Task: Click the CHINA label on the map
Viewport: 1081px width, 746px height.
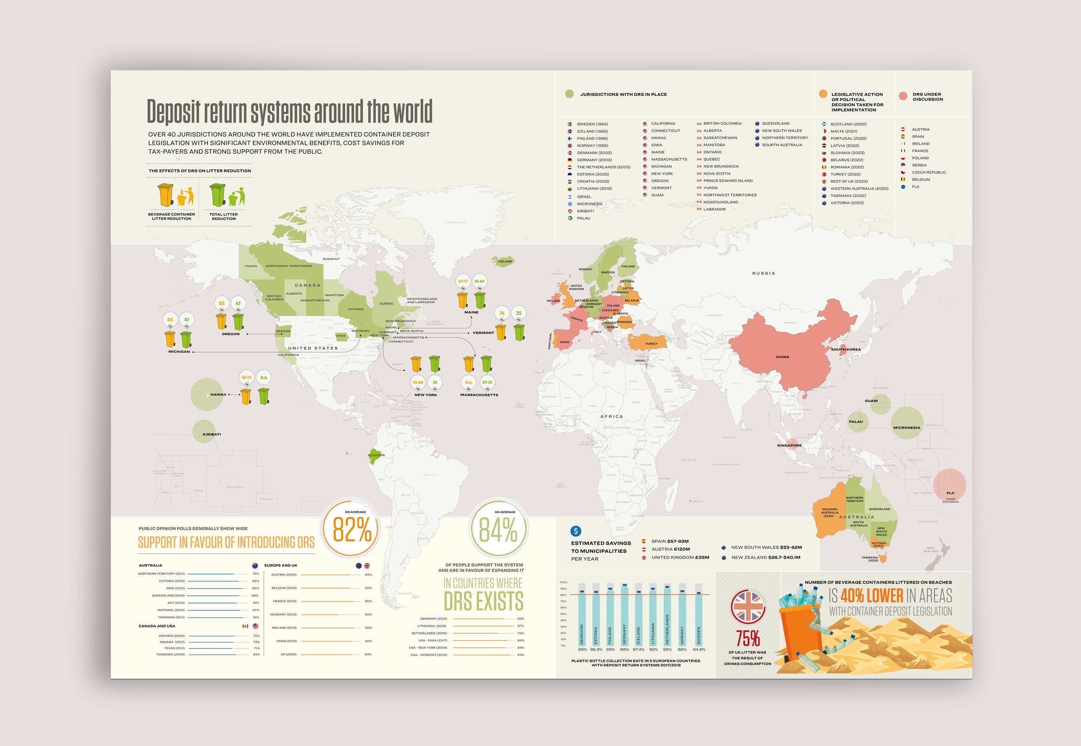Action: click(782, 357)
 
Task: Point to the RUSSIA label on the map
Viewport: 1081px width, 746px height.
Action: click(763, 273)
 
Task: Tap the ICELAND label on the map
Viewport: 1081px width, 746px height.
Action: click(505, 261)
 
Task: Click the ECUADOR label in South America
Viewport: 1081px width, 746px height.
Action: click(376, 455)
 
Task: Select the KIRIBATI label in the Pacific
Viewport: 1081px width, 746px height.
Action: click(211, 434)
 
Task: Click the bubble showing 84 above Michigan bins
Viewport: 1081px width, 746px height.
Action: click(170, 320)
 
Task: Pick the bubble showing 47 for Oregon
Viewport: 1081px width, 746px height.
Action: click(238, 303)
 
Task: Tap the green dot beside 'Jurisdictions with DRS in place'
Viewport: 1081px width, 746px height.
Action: click(569, 94)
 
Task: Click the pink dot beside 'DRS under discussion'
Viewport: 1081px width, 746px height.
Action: click(903, 96)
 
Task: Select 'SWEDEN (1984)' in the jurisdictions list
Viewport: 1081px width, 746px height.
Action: click(592, 124)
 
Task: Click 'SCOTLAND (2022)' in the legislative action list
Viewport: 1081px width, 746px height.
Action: click(848, 124)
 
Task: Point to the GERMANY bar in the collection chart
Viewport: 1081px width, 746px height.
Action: click(624, 615)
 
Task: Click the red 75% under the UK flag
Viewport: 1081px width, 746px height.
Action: click(748, 638)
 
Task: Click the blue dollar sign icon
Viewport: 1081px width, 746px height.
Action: click(576, 531)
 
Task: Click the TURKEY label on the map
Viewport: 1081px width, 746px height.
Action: click(651, 343)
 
